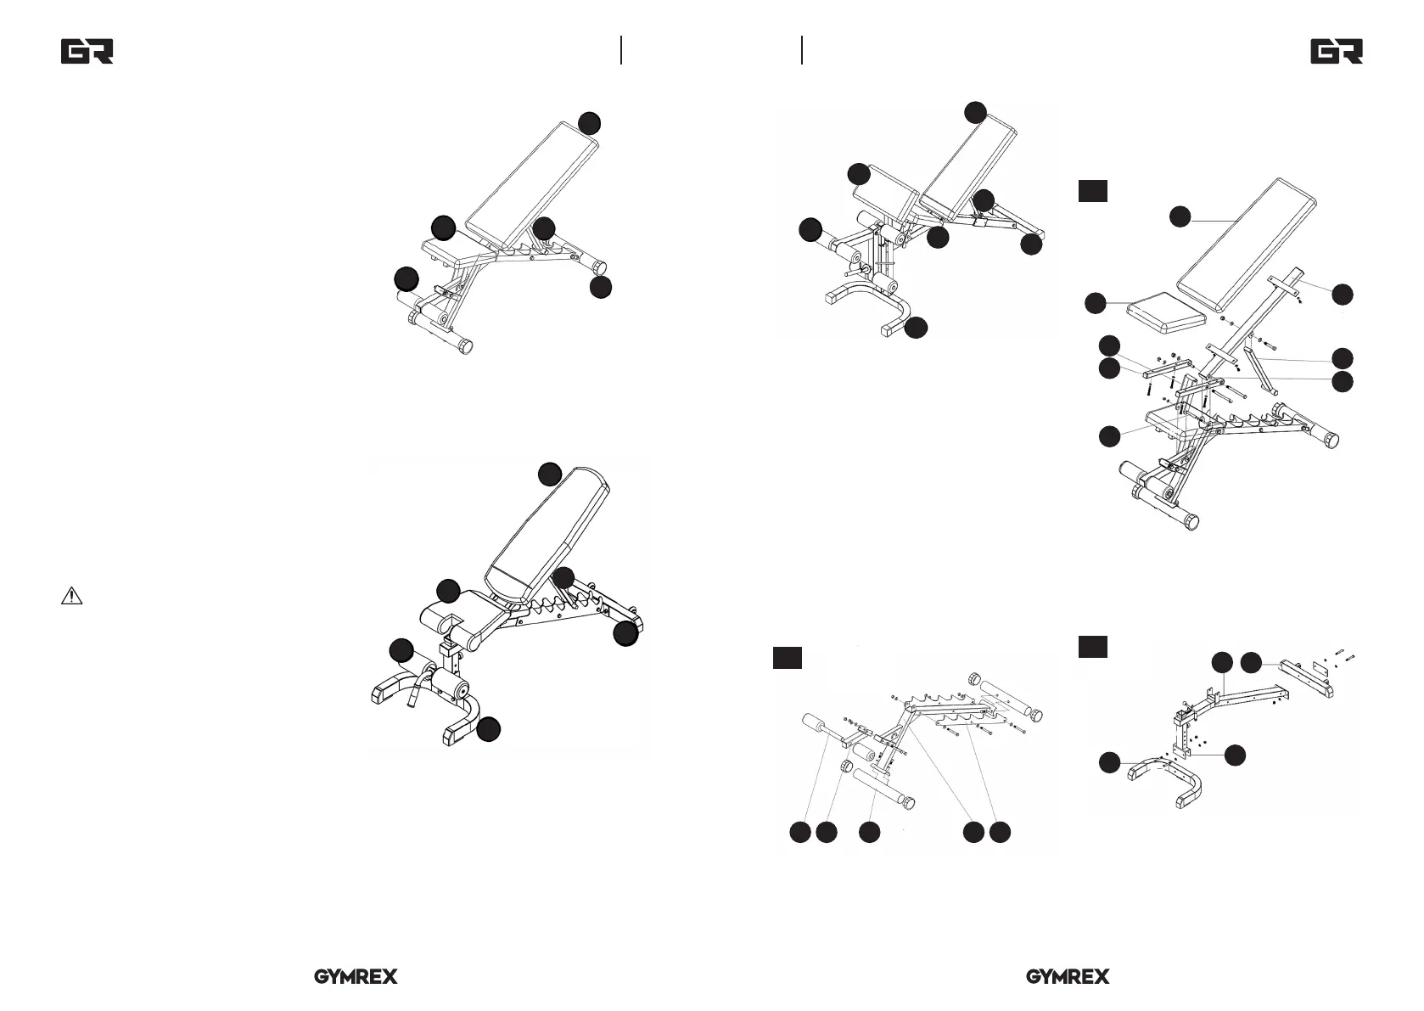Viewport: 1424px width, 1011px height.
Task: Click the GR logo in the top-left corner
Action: click(x=87, y=52)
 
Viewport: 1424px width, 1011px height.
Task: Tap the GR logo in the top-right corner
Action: click(x=1337, y=52)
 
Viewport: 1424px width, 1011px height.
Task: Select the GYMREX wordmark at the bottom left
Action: click(x=356, y=977)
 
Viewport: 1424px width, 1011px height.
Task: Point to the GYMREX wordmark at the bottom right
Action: click(x=1068, y=977)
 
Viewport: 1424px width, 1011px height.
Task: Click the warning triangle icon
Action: click(x=71, y=596)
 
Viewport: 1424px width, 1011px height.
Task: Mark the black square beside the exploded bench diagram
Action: click(x=1093, y=191)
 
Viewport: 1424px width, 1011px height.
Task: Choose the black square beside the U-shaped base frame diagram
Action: click(x=1093, y=647)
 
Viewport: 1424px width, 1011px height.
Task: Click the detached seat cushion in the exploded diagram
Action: click(x=1166, y=312)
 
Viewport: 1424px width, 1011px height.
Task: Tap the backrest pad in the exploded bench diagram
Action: click(x=1247, y=244)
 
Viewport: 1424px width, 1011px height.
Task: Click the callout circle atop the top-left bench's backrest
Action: click(x=590, y=122)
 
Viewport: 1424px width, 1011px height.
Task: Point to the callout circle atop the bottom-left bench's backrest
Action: click(x=550, y=474)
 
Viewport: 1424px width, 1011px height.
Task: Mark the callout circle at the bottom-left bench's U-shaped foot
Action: click(x=488, y=729)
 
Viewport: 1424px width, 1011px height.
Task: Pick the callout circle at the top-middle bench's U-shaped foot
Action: click(x=916, y=328)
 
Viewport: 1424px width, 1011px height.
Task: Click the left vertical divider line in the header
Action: click(x=622, y=50)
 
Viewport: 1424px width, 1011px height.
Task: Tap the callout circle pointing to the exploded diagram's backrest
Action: click(x=1180, y=216)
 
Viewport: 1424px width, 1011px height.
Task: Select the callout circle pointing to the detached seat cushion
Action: click(x=1096, y=302)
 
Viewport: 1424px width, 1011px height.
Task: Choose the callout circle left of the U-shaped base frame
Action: click(x=1109, y=762)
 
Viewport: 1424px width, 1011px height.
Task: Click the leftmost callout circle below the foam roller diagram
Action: click(x=799, y=833)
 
